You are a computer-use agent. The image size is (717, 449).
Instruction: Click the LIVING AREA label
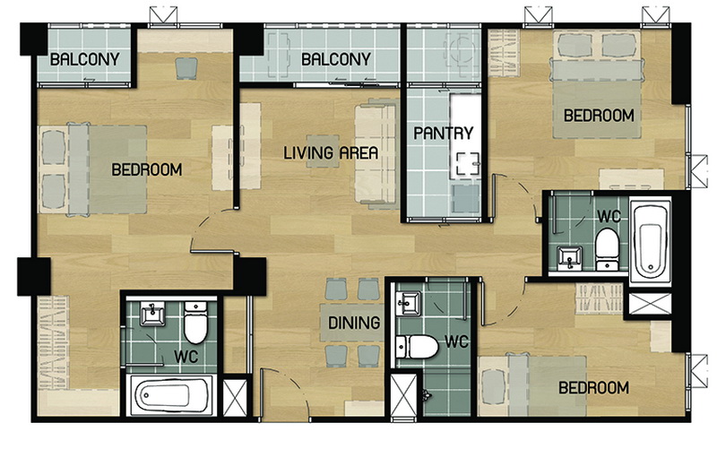click(331, 152)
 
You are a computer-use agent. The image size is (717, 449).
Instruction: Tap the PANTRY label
click(443, 133)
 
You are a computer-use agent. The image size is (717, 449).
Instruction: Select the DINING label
click(354, 323)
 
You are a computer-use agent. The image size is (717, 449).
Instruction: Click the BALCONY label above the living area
click(335, 59)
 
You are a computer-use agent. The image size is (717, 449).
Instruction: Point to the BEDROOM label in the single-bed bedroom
click(593, 388)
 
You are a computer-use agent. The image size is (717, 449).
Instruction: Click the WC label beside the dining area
click(457, 341)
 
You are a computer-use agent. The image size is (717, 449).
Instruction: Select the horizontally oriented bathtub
click(170, 394)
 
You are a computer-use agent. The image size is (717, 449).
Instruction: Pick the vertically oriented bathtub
click(650, 240)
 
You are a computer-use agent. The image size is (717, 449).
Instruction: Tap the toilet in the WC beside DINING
click(416, 347)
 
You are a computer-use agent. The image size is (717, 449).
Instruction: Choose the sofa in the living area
click(376, 154)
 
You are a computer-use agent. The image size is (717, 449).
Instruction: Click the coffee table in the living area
click(323, 151)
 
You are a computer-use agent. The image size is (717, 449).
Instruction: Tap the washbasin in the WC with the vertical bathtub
click(569, 258)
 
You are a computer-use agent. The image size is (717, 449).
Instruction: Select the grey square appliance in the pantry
click(465, 198)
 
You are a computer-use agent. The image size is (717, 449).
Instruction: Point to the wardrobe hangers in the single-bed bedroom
click(599, 298)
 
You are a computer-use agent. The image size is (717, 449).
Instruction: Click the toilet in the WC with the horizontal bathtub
click(195, 323)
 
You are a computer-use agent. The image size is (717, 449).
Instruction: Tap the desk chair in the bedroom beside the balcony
click(186, 68)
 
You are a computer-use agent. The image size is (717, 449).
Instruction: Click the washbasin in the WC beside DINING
click(409, 304)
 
